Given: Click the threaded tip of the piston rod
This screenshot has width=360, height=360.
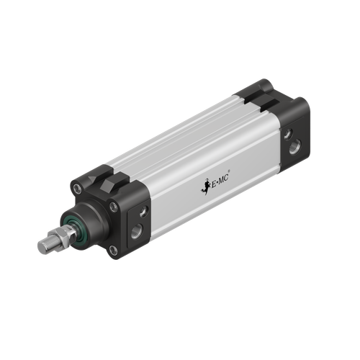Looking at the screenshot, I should click(45, 246).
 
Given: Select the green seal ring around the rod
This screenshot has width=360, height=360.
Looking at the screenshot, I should click(72, 227).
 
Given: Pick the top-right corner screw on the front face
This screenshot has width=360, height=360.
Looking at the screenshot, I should click(114, 207).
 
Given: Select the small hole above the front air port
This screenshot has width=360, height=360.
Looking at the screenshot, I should click(143, 211).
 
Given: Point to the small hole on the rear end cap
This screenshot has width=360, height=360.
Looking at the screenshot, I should click(287, 134).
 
